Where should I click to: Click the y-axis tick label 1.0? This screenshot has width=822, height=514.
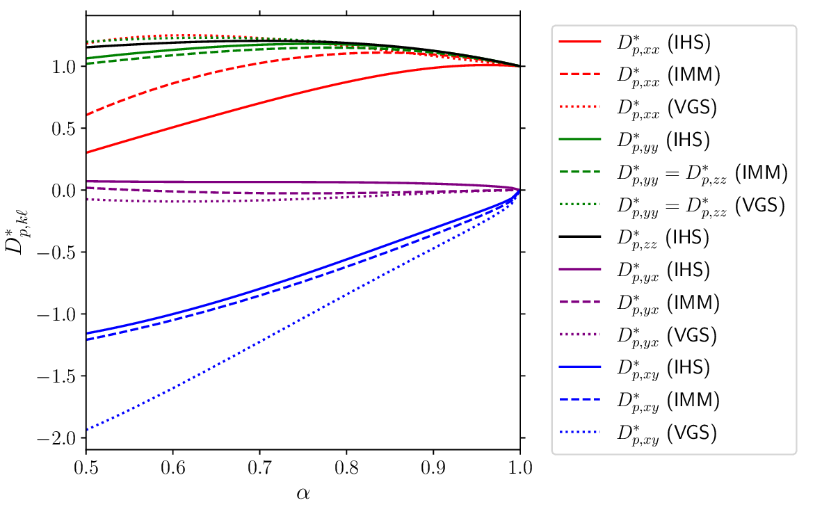click(65, 67)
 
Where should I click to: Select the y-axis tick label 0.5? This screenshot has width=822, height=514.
click(65, 129)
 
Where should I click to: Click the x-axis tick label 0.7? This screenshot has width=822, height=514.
click(259, 468)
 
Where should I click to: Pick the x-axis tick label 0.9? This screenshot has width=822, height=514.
click(433, 468)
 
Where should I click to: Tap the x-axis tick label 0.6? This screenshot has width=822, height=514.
click(172, 468)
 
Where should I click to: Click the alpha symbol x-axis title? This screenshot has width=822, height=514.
click(303, 493)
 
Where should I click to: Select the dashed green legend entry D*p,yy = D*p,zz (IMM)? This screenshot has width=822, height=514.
click(695, 172)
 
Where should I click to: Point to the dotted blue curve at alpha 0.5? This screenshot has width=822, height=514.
click(86, 430)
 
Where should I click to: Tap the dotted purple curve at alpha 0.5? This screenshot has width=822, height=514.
click(87, 200)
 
